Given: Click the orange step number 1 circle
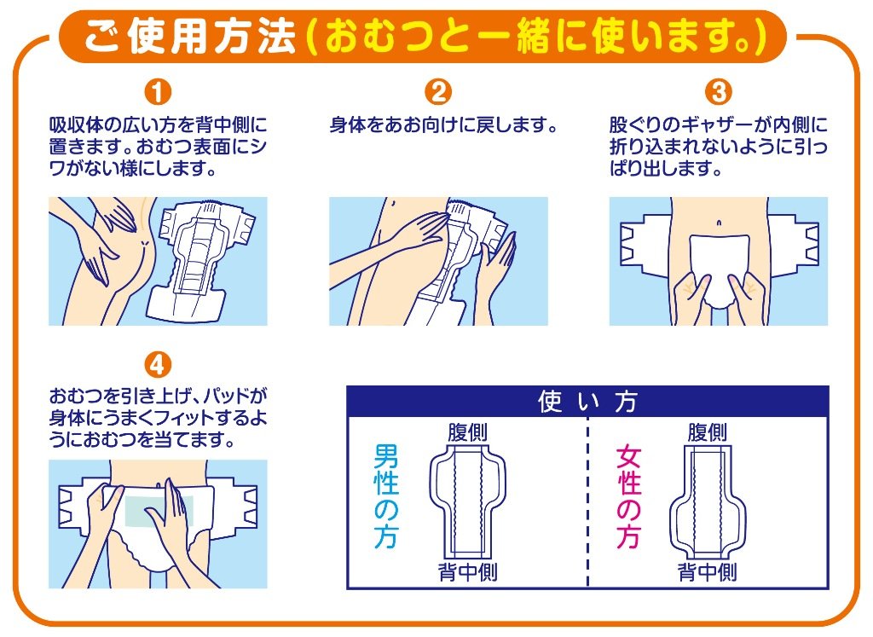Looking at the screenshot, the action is point(158,92).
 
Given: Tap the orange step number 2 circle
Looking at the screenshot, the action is point(438,92).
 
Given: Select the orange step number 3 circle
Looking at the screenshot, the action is point(719,92).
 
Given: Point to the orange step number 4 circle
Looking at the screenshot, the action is point(158,365).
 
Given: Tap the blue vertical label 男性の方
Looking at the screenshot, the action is point(386,495).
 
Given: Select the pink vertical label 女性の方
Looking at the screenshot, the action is point(628,495).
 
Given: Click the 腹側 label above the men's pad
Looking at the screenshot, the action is point(468,432).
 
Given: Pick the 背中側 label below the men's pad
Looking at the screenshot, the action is point(468,572).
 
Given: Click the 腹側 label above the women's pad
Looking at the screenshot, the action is point(707,432).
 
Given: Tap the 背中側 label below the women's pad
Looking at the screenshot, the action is point(707,572).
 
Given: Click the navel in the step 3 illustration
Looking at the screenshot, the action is point(719,223).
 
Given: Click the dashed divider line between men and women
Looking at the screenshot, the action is point(588,504).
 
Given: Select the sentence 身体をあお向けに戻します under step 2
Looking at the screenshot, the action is point(443,125).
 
